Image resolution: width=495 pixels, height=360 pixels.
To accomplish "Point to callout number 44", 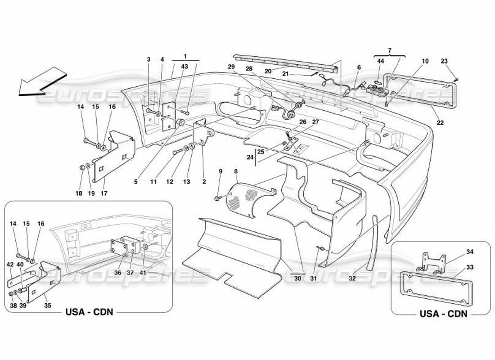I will point(381,61).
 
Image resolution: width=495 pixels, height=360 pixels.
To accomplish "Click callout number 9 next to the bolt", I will point(220,171).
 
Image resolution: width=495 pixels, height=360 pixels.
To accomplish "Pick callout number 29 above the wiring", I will point(232,66).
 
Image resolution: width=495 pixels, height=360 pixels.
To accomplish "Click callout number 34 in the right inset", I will point(470,252).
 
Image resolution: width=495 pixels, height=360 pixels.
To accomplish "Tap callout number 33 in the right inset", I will point(470,267).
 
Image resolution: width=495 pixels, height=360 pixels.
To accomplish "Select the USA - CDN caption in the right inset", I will point(444,314).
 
